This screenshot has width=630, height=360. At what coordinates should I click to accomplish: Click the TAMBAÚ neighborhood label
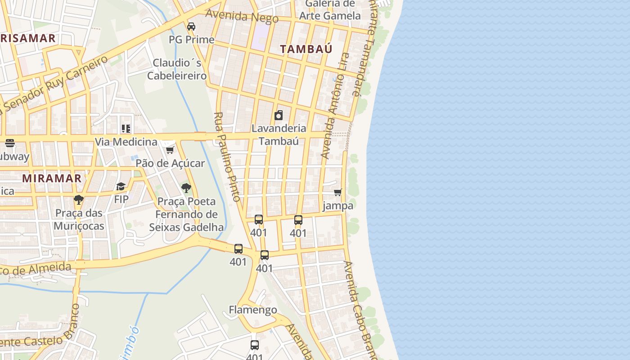(x=306, y=49)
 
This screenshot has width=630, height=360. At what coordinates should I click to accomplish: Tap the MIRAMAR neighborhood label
(x=52, y=178)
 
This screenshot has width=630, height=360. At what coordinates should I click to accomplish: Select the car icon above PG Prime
(x=191, y=27)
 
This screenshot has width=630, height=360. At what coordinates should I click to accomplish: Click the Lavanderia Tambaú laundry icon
(x=279, y=115)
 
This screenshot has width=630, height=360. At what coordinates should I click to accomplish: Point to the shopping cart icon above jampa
(x=338, y=192)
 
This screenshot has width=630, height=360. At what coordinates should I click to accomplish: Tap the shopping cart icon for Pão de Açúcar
(x=170, y=150)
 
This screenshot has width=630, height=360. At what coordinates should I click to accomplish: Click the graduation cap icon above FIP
(x=121, y=186)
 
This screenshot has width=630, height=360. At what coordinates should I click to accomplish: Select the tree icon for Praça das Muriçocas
(x=79, y=199)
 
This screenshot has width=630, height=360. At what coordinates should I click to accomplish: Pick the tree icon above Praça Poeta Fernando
(x=186, y=188)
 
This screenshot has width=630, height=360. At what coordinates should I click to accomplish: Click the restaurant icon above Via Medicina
(x=126, y=129)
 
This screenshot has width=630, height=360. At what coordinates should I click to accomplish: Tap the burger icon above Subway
(x=10, y=143)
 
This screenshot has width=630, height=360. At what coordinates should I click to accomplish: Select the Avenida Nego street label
(x=242, y=16)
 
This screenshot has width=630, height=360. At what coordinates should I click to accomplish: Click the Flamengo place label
(x=253, y=310)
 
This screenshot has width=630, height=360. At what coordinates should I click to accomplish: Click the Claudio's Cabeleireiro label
(x=177, y=69)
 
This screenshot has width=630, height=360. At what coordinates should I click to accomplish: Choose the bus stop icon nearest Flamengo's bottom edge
(x=255, y=345)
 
